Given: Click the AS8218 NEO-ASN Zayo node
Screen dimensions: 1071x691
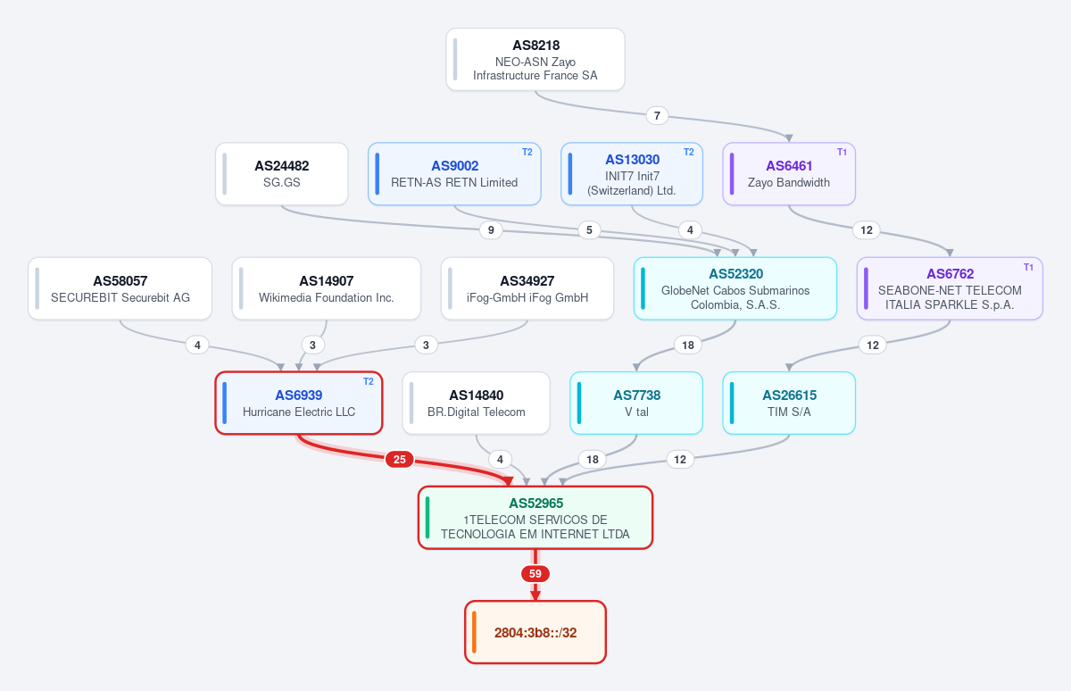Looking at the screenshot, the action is click(x=535, y=59).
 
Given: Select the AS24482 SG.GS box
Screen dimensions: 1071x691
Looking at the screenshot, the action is click(x=282, y=174).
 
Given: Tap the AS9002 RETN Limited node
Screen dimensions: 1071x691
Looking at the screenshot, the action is click(x=454, y=174).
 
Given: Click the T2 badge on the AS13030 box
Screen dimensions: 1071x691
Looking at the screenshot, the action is click(x=688, y=152).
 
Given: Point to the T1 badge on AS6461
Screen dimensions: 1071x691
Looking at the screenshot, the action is click(x=842, y=152).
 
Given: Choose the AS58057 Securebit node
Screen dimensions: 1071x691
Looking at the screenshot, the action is click(x=120, y=289).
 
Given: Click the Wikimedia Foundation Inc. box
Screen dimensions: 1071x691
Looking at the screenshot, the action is click(x=327, y=289).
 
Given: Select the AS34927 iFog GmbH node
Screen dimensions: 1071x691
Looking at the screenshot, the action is click(x=527, y=289).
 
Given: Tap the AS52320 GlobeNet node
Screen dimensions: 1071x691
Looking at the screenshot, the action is click(x=735, y=289).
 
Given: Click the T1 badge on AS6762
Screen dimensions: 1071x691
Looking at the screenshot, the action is click(x=1028, y=267).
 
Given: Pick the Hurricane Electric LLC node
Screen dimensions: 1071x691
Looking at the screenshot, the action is click(x=299, y=404).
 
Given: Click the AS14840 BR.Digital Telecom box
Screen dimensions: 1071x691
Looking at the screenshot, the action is click(x=477, y=404).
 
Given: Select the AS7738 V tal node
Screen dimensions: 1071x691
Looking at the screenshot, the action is click(x=636, y=404).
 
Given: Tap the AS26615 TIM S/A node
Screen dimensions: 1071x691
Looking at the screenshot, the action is click(x=789, y=404).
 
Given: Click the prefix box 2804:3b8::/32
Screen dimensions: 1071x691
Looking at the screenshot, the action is click(x=535, y=632).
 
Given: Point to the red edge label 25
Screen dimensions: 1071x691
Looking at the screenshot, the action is click(x=399, y=460).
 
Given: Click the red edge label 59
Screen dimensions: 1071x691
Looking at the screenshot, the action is click(x=535, y=574).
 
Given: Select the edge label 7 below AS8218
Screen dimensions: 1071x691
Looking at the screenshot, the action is click(x=657, y=116).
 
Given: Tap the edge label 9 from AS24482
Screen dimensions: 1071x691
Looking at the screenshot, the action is click(x=491, y=230).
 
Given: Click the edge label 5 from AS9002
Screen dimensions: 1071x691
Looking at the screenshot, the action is click(x=589, y=230).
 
